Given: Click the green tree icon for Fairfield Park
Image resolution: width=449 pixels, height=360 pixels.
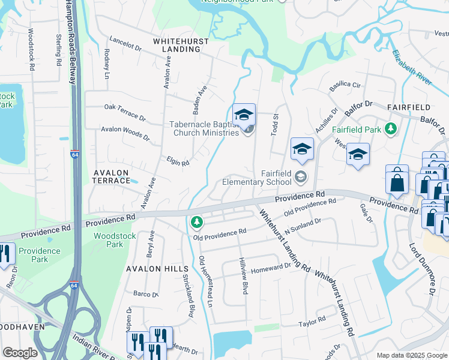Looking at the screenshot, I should pos(391,128).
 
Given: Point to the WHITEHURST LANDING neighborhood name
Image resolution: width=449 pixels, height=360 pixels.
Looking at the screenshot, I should pos(181,45).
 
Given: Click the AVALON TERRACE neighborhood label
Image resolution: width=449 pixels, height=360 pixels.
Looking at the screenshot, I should pos(111,176).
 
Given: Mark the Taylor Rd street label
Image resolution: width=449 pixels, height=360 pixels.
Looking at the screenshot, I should pos(312,322).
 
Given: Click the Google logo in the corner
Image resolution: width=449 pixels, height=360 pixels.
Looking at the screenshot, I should pos(20,352).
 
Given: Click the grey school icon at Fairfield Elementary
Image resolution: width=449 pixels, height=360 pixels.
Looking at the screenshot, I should pos(300,176).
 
